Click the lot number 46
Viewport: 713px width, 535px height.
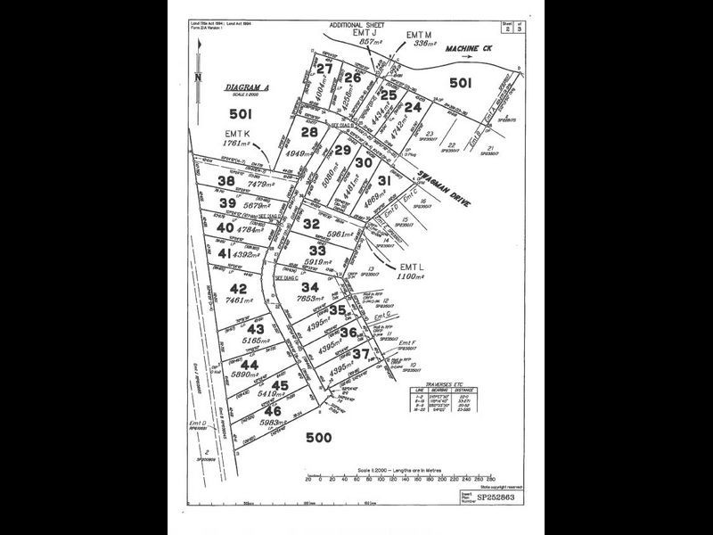tap(274, 411)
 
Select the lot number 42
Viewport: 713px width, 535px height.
tap(238, 289)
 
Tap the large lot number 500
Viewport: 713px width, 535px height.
tap(318, 437)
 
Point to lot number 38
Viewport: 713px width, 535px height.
tap(226, 181)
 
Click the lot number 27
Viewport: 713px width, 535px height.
tap(324, 70)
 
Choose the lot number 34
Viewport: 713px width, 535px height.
tap(309, 286)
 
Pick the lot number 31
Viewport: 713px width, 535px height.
tap(384, 180)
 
